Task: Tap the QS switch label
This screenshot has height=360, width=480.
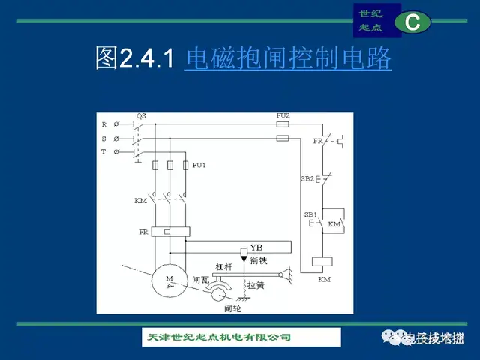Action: point(140,115)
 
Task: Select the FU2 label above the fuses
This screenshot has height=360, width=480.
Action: point(282,115)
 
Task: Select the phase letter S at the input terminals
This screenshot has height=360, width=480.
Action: point(104,139)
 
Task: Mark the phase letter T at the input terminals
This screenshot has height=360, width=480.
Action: point(104,152)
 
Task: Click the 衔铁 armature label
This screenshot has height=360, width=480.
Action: point(258,260)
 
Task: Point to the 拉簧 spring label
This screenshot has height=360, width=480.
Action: point(256,285)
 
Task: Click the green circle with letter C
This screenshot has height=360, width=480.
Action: point(412,22)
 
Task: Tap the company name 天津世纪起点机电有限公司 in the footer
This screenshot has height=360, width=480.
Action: point(217,337)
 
